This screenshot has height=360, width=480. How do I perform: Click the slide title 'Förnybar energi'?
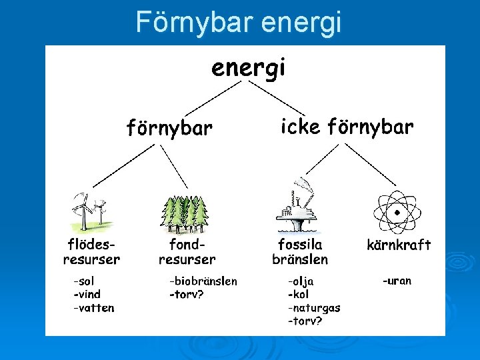pyautogui.click(x=239, y=22)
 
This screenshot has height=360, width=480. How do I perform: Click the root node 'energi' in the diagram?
pyautogui.click(x=248, y=68)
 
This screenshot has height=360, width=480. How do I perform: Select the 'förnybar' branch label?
pyautogui.click(x=169, y=127)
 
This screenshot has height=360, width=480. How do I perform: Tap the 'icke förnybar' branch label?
pyautogui.click(x=347, y=127)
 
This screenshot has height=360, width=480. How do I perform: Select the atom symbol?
pyautogui.click(x=397, y=212)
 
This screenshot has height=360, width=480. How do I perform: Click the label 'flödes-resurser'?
pyautogui.click(x=91, y=251)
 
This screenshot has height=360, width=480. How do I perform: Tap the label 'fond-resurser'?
pyautogui.click(x=187, y=251)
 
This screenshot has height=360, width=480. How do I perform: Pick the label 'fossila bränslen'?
pyautogui.click(x=300, y=251)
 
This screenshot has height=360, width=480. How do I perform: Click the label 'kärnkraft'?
pyautogui.click(x=399, y=245)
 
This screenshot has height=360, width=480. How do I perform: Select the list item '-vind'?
pyautogui.click(x=87, y=294)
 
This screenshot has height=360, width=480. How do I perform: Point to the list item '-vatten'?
pyautogui.click(x=94, y=307)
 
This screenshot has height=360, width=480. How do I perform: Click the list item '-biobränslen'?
pyautogui.click(x=203, y=281)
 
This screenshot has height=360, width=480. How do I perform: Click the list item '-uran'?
pyautogui.click(x=397, y=281)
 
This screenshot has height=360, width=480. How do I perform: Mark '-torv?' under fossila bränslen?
pyautogui.click(x=305, y=321)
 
